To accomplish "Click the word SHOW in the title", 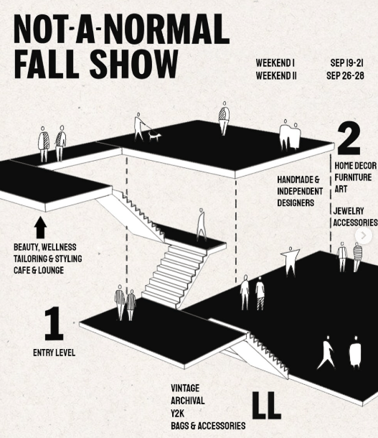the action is (x=133, y=64).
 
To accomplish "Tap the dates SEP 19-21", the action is (x=346, y=63).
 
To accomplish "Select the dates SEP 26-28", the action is (x=345, y=75).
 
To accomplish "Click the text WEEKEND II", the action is (x=276, y=75).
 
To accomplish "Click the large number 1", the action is (x=54, y=323).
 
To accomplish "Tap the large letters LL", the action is (x=266, y=405).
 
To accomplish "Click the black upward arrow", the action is (x=40, y=228).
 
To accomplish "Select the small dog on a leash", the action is (x=154, y=136).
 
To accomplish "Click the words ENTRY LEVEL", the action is (x=54, y=353).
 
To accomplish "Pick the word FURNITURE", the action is (x=353, y=177).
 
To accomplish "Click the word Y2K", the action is (x=177, y=413).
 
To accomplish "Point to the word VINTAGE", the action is (x=185, y=388).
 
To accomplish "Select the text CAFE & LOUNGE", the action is (x=39, y=270).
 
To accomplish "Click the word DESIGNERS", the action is (x=296, y=202).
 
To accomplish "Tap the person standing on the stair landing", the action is (x=202, y=225).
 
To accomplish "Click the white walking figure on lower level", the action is (x=326, y=352).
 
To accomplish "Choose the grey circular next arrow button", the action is (x=364, y=236).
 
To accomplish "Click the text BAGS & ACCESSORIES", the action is (x=208, y=426).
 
